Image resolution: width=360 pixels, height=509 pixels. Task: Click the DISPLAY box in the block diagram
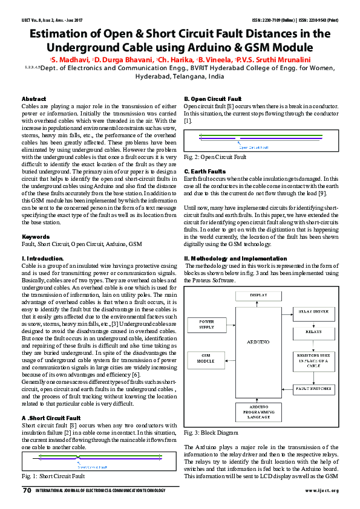coord(258,294)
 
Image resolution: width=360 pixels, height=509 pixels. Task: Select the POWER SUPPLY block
coord(206,324)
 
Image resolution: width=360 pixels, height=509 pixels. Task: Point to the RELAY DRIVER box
coord(313,311)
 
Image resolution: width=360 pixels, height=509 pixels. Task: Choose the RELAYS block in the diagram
coord(313,332)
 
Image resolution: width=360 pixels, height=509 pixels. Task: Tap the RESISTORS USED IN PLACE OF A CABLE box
coord(313,360)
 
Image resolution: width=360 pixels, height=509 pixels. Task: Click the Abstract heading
coord(33,99)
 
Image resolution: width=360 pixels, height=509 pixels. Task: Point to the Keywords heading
coord(35,236)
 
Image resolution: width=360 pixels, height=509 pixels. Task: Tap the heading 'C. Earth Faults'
coord(205,172)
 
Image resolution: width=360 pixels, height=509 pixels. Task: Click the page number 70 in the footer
coord(26,490)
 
